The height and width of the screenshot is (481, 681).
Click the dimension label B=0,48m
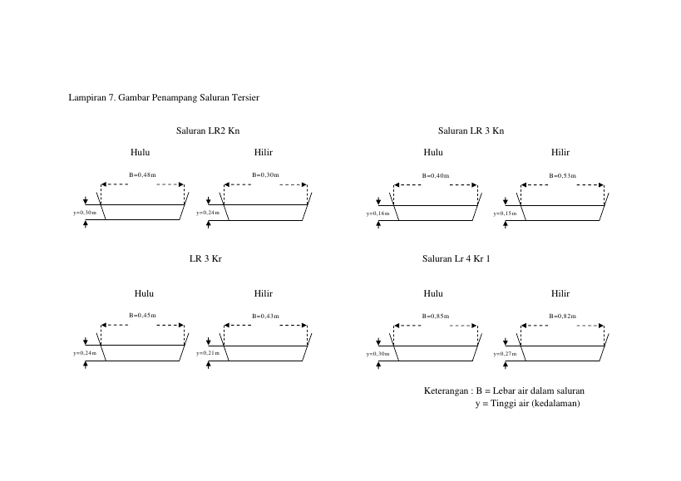(x=142, y=174)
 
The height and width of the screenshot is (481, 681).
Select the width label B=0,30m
(x=265, y=174)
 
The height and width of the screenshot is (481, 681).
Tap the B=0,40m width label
(x=436, y=175)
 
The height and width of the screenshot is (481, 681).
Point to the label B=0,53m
(x=562, y=175)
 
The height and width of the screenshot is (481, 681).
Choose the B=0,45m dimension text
(x=142, y=316)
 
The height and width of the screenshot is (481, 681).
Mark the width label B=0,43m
(x=265, y=316)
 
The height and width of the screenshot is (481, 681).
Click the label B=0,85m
(x=436, y=316)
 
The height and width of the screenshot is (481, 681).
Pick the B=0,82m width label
(x=562, y=316)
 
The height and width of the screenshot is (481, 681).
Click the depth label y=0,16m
(x=378, y=214)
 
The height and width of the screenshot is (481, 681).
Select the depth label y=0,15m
(x=505, y=214)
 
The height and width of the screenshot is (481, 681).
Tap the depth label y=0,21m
(x=208, y=353)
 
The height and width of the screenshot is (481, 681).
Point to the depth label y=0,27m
(x=505, y=354)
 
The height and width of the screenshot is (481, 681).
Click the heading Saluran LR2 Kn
(x=208, y=130)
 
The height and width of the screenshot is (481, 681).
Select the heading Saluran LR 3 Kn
(x=471, y=130)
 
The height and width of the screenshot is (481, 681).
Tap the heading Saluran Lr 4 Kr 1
(x=456, y=258)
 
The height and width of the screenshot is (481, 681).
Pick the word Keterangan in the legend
(x=446, y=390)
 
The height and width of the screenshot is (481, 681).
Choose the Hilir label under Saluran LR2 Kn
(x=264, y=152)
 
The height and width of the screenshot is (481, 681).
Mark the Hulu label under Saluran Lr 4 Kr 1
(x=433, y=293)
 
